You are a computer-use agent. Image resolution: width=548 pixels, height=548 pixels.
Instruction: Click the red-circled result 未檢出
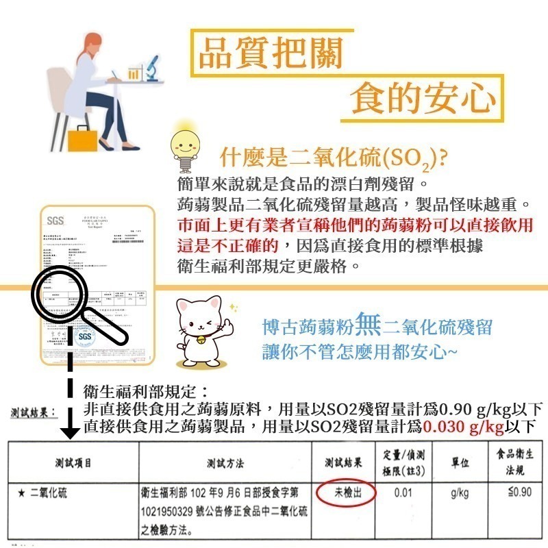point(346,493)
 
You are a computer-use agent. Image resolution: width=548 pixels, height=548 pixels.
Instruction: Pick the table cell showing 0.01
point(402,493)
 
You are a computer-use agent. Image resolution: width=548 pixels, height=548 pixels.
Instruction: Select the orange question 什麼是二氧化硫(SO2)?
point(333,158)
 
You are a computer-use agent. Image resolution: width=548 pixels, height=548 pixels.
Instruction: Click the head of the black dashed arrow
point(68,432)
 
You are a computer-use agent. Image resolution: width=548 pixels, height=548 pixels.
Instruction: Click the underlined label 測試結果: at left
point(32,412)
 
